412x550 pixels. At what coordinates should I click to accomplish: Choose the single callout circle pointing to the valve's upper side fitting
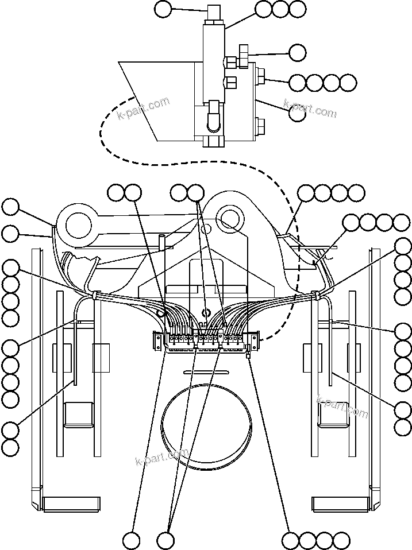[297, 53]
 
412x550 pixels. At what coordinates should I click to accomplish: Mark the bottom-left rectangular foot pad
[67, 503]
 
